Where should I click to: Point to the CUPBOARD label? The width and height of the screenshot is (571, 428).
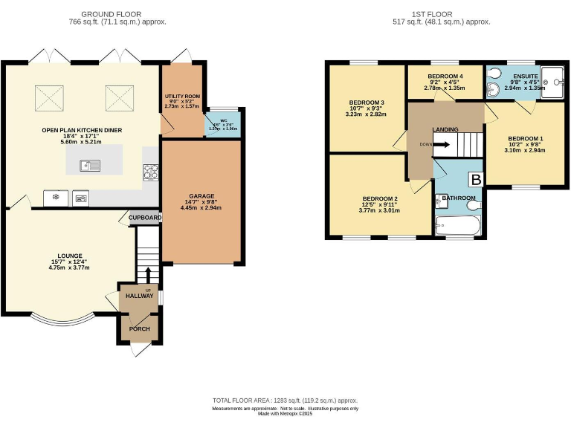[x=145, y=218]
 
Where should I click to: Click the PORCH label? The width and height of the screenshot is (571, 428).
[x=139, y=328]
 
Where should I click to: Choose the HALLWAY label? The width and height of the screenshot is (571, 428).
[x=139, y=296]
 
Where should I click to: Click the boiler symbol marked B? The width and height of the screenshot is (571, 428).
[x=475, y=180]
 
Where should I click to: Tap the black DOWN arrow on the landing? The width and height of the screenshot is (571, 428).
[x=440, y=144]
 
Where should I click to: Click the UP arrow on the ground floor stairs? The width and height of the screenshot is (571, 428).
[x=148, y=275]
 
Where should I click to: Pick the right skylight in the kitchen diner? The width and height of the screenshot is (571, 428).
[x=117, y=96]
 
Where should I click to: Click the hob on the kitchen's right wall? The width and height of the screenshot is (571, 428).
[x=151, y=172]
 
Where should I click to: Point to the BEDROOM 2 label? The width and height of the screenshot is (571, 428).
[x=380, y=199]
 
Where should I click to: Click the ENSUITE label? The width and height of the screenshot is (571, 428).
[x=525, y=77]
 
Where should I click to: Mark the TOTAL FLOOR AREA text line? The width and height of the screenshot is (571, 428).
[x=285, y=401]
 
